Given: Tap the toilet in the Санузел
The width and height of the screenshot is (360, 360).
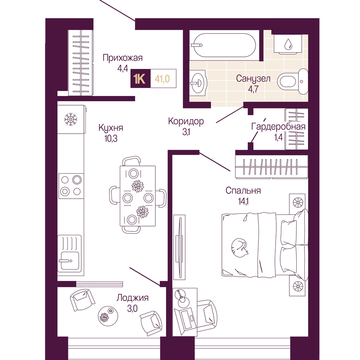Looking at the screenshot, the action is click(x=293, y=81).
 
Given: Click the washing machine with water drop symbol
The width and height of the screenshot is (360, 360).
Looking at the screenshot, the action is click(x=288, y=44).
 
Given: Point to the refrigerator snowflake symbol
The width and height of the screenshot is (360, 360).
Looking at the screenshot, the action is click(x=71, y=120).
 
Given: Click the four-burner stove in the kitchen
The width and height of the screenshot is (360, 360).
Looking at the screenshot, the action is click(x=71, y=186).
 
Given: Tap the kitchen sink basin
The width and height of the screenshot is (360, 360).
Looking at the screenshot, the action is click(x=70, y=261).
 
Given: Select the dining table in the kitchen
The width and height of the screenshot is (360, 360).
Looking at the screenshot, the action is click(x=137, y=196).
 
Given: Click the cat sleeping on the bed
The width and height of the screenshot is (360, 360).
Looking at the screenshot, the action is click(x=240, y=249).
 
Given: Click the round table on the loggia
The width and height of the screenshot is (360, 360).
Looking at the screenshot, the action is click(x=108, y=316).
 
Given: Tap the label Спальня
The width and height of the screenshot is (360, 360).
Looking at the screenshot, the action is click(x=243, y=191).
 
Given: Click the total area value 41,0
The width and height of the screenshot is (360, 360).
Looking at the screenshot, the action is click(x=162, y=79).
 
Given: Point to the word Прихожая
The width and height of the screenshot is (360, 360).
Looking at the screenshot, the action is click(x=123, y=58).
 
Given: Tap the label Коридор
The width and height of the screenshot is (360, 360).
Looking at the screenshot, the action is click(x=186, y=121).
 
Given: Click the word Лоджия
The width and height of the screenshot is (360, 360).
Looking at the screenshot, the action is click(x=133, y=298).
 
